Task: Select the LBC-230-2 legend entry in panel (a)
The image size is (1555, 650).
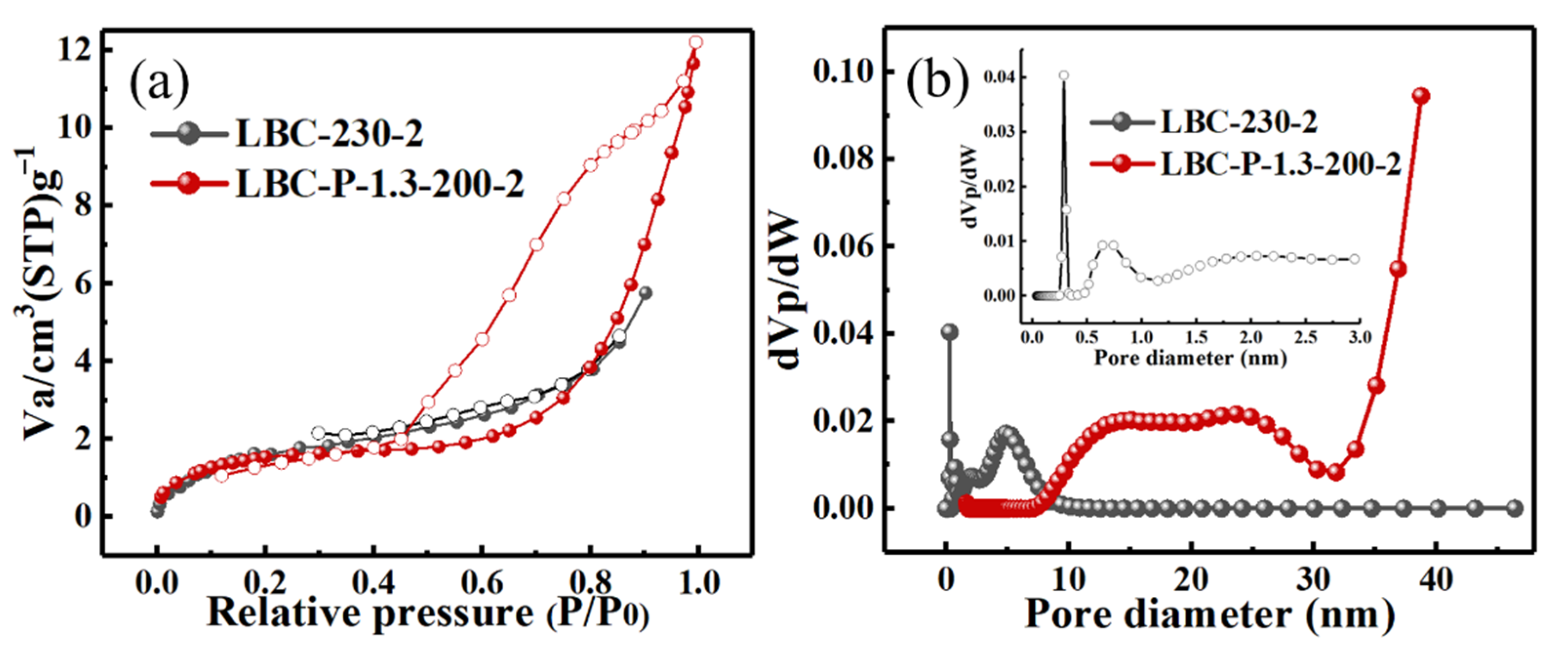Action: click(329, 134)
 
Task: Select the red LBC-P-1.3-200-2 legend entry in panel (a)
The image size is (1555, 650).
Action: click(379, 183)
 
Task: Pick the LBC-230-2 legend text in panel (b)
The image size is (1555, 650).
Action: click(1239, 122)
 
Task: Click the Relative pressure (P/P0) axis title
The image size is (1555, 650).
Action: click(427, 614)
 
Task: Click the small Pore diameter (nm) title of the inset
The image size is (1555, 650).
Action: click(1190, 359)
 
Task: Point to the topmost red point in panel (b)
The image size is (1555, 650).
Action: click(1421, 96)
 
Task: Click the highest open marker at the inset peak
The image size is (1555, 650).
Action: click(1063, 76)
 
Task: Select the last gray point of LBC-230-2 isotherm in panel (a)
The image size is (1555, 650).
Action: click(645, 293)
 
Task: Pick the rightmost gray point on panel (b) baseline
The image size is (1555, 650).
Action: click(1515, 508)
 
